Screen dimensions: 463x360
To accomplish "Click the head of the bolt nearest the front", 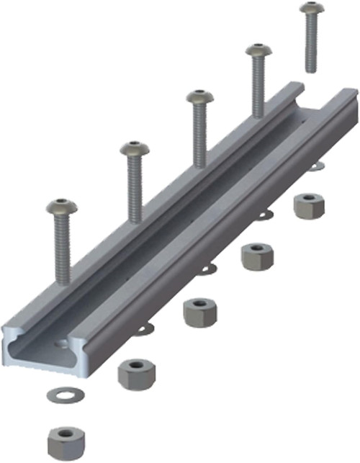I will [x=61, y=207].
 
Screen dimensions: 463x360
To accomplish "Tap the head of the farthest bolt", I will [x=311, y=9].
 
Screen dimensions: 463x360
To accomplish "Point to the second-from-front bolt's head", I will [x=135, y=149].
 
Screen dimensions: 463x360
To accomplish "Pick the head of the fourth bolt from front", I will [x=257, y=52].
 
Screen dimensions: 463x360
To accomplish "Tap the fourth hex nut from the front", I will [x=256, y=256].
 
